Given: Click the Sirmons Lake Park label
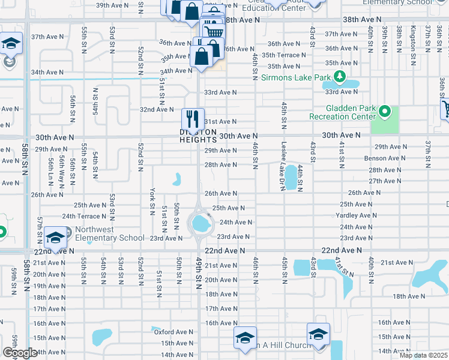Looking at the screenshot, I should point(296,78).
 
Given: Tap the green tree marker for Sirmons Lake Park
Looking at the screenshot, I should point(340,77).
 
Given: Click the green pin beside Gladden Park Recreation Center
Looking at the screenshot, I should point(385,111).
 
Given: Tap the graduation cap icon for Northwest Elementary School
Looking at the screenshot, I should point(55,238).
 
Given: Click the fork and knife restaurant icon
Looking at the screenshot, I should point(193,118).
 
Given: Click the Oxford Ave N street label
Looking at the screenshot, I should point(173,331).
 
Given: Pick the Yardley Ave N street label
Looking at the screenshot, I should point(358,215).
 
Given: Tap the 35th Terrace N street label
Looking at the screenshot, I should point(287,55).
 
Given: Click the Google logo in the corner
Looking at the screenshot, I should point(20,353).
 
